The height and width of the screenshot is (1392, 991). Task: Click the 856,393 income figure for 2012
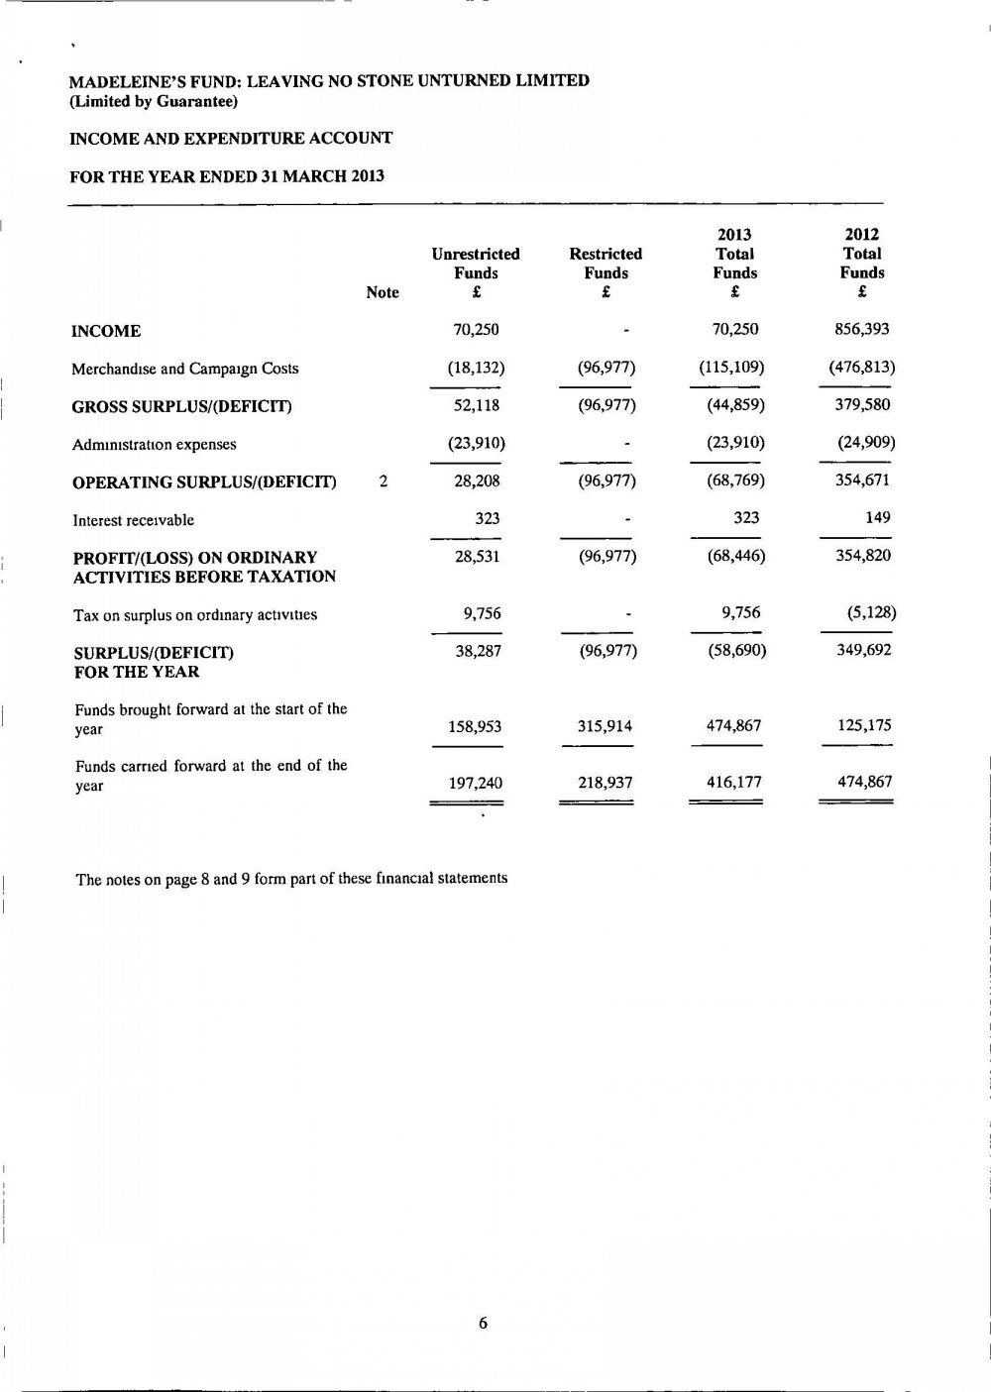pos(862,329)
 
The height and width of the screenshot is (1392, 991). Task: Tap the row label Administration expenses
pos(154,445)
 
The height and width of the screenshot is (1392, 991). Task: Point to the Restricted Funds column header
pos(606,264)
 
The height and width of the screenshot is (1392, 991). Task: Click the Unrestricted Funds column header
pos(476,264)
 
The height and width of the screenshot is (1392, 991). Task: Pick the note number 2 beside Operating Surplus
pos(384,482)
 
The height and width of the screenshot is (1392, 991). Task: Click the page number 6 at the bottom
pos(483,1323)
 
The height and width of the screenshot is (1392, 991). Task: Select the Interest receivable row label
pos(133,520)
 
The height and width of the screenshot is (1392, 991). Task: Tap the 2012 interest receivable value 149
pos(877,517)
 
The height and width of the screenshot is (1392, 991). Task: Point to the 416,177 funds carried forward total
pos(734,782)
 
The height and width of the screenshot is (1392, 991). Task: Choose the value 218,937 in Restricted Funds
pos(606,783)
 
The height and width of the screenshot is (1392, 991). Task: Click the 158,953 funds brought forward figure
pos(475,726)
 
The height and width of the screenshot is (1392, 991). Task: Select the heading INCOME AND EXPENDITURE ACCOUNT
pos(231,139)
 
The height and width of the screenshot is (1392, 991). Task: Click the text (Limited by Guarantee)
pos(154,101)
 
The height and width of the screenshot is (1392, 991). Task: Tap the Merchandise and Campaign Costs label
pos(184,369)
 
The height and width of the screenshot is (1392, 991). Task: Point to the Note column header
pos(383,292)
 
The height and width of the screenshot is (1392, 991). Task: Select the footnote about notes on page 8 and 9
pos(291,879)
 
